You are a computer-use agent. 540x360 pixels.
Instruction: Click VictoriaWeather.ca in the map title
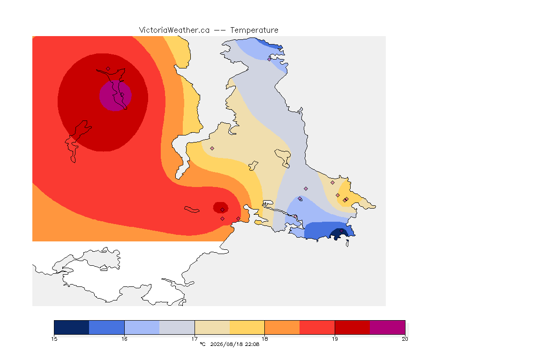tap(174, 30)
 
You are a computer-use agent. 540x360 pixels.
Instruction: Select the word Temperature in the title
tap(254, 30)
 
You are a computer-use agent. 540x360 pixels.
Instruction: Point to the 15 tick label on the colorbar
tap(54, 339)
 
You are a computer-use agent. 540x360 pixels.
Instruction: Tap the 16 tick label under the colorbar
tap(124, 339)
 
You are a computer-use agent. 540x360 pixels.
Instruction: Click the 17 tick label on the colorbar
tap(195, 339)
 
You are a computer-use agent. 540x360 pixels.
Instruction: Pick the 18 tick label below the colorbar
tap(264, 339)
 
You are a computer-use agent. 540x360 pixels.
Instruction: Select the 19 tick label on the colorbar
tap(335, 339)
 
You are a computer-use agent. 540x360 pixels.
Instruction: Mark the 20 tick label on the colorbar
tap(405, 339)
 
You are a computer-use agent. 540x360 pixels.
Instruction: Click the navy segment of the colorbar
tap(72, 327)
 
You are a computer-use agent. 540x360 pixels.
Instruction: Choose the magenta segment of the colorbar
tap(388, 327)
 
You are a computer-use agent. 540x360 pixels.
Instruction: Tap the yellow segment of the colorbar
tap(247, 327)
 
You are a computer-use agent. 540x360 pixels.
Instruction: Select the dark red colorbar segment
tap(352, 327)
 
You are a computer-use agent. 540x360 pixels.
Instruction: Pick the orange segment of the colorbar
tap(282, 327)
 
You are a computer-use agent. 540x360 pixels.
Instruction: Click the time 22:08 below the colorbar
tap(252, 344)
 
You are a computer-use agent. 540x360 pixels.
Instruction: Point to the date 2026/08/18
tap(226, 344)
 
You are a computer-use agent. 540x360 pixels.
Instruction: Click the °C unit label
tap(202, 344)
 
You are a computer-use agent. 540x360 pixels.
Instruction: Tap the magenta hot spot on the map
tap(115, 96)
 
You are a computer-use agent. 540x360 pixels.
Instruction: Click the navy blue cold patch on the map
tap(339, 234)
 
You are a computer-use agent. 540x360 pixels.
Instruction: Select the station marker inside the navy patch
tap(341, 231)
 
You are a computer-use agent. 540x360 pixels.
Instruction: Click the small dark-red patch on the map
tap(220, 208)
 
